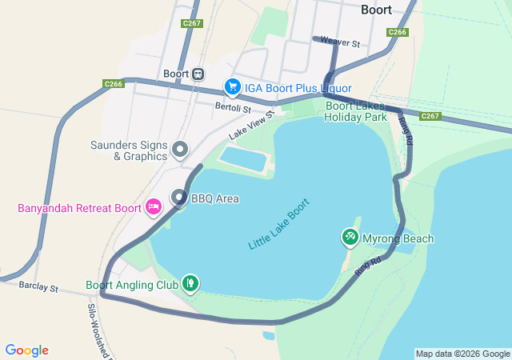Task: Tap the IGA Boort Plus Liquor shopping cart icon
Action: pyautogui.click(x=233, y=86)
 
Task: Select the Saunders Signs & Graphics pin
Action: pyautogui.click(x=180, y=149)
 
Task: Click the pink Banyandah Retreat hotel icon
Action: pyautogui.click(x=153, y=207)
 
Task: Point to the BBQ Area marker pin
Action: pyautogui.click(x=179, y=198)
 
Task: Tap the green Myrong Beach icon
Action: pyautogui.click(x=350, y=237)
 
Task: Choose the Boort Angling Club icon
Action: pyautogui.click(x=190, y=283)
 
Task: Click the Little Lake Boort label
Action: pyautogui.click(x=278, y=224)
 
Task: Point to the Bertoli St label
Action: pyautogui.click(x=233, y=107)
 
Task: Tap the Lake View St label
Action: pyautogui.click(x=251, y=124)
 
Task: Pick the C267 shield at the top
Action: pyautogui.click(x=192, y=24)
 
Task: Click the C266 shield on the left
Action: pyautogui.click(x=114, y=84)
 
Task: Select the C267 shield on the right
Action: pyautogui.click(x=430, y=116)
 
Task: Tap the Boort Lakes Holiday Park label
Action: pyautogui.click(x=355, y=111)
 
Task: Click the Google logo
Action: pyautogui.click(x=27, y=350)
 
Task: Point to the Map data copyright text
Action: pyautogui.click(x=462, y=354)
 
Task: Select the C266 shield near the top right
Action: pyautogui.click(x=398, y=32)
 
